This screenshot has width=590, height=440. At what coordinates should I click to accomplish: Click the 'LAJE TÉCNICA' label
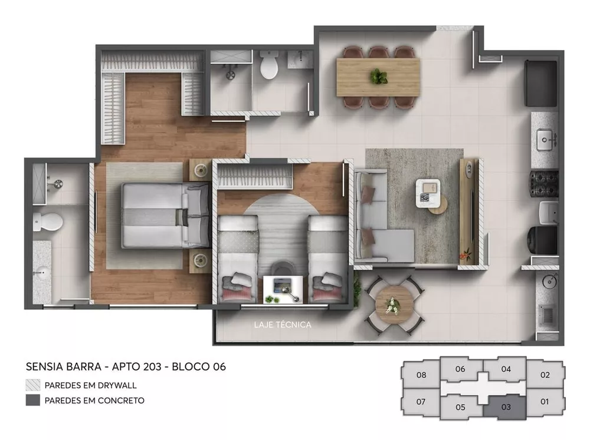pos(282,324)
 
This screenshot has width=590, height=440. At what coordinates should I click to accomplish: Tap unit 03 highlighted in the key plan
pos(506,406)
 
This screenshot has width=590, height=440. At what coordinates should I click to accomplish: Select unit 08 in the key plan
pos(421,375)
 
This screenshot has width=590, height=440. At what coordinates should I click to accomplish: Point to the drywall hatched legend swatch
pos(33,385)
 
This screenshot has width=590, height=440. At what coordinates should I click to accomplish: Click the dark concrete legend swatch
pos(33,401)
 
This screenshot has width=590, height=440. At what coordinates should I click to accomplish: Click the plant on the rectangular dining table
pos(378,76)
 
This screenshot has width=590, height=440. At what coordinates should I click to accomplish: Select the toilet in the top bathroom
pos(269,65)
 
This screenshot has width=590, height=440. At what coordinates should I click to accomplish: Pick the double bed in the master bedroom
pos(165,214)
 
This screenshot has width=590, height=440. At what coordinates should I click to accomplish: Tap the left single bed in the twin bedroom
pos(238,257)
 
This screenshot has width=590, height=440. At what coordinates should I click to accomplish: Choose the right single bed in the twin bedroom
pos(327,257)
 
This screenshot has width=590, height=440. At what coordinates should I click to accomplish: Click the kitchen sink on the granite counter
pos(545,140)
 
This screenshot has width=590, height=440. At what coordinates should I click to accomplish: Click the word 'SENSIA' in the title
pos(46,366)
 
